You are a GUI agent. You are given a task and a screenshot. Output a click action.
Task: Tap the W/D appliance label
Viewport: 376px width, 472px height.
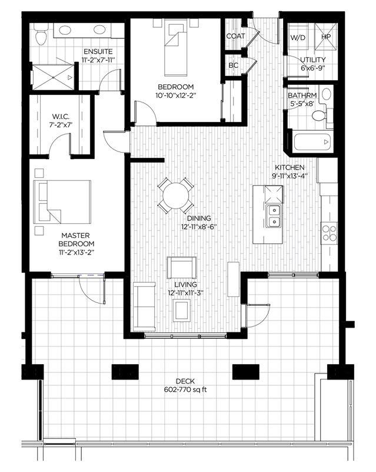298,37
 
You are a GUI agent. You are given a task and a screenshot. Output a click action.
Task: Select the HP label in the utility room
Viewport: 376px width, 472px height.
325,37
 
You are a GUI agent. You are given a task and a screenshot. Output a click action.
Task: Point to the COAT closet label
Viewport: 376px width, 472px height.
235,37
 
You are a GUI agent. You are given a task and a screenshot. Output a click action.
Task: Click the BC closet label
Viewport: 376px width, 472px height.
234,65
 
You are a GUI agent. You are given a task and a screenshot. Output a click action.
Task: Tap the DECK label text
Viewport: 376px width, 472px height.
188,381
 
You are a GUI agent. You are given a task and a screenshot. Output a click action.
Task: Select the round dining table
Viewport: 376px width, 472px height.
175,195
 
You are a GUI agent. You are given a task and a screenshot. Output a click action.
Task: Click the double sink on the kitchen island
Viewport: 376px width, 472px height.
273,216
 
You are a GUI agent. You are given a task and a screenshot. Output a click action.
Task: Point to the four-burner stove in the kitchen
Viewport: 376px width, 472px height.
328,233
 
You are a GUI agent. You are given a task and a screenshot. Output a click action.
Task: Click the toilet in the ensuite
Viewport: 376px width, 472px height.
41,37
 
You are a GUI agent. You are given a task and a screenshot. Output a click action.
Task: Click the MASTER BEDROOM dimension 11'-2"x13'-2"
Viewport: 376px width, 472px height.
78,252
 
